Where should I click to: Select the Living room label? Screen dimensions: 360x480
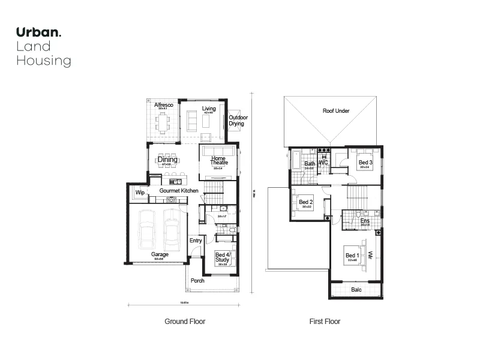click(x=209, y=109)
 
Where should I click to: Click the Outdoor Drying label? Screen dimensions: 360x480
click(x=238, y=121)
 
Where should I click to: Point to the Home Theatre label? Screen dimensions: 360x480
click(x=218, y=160)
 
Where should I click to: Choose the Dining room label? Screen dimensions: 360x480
click(x=168, y=160)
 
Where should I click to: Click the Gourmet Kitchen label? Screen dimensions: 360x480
click(x=179, y=191)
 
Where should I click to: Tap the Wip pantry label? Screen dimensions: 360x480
click(x=140, y=193)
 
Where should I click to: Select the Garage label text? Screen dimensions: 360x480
click(x=160, y=254)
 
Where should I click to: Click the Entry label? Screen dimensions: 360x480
click(x=196, y=241)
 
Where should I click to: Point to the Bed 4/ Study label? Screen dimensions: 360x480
click(x=222, y=257)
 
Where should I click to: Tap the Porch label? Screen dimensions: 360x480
click(x=197, y=280)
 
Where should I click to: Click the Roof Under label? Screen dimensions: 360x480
click(x=336, y=111)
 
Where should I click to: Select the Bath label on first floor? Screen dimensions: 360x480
click(x=310, y=164)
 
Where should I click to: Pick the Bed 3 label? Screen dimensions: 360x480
click(x=365, y=163)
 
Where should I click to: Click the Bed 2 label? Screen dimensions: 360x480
click(x=306, y=202)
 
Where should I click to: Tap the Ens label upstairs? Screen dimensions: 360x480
click(x=365, y=221)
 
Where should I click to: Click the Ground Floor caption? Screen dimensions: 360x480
click(x=185, y=322)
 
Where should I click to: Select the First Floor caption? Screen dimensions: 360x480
click(x=325, y=322)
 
